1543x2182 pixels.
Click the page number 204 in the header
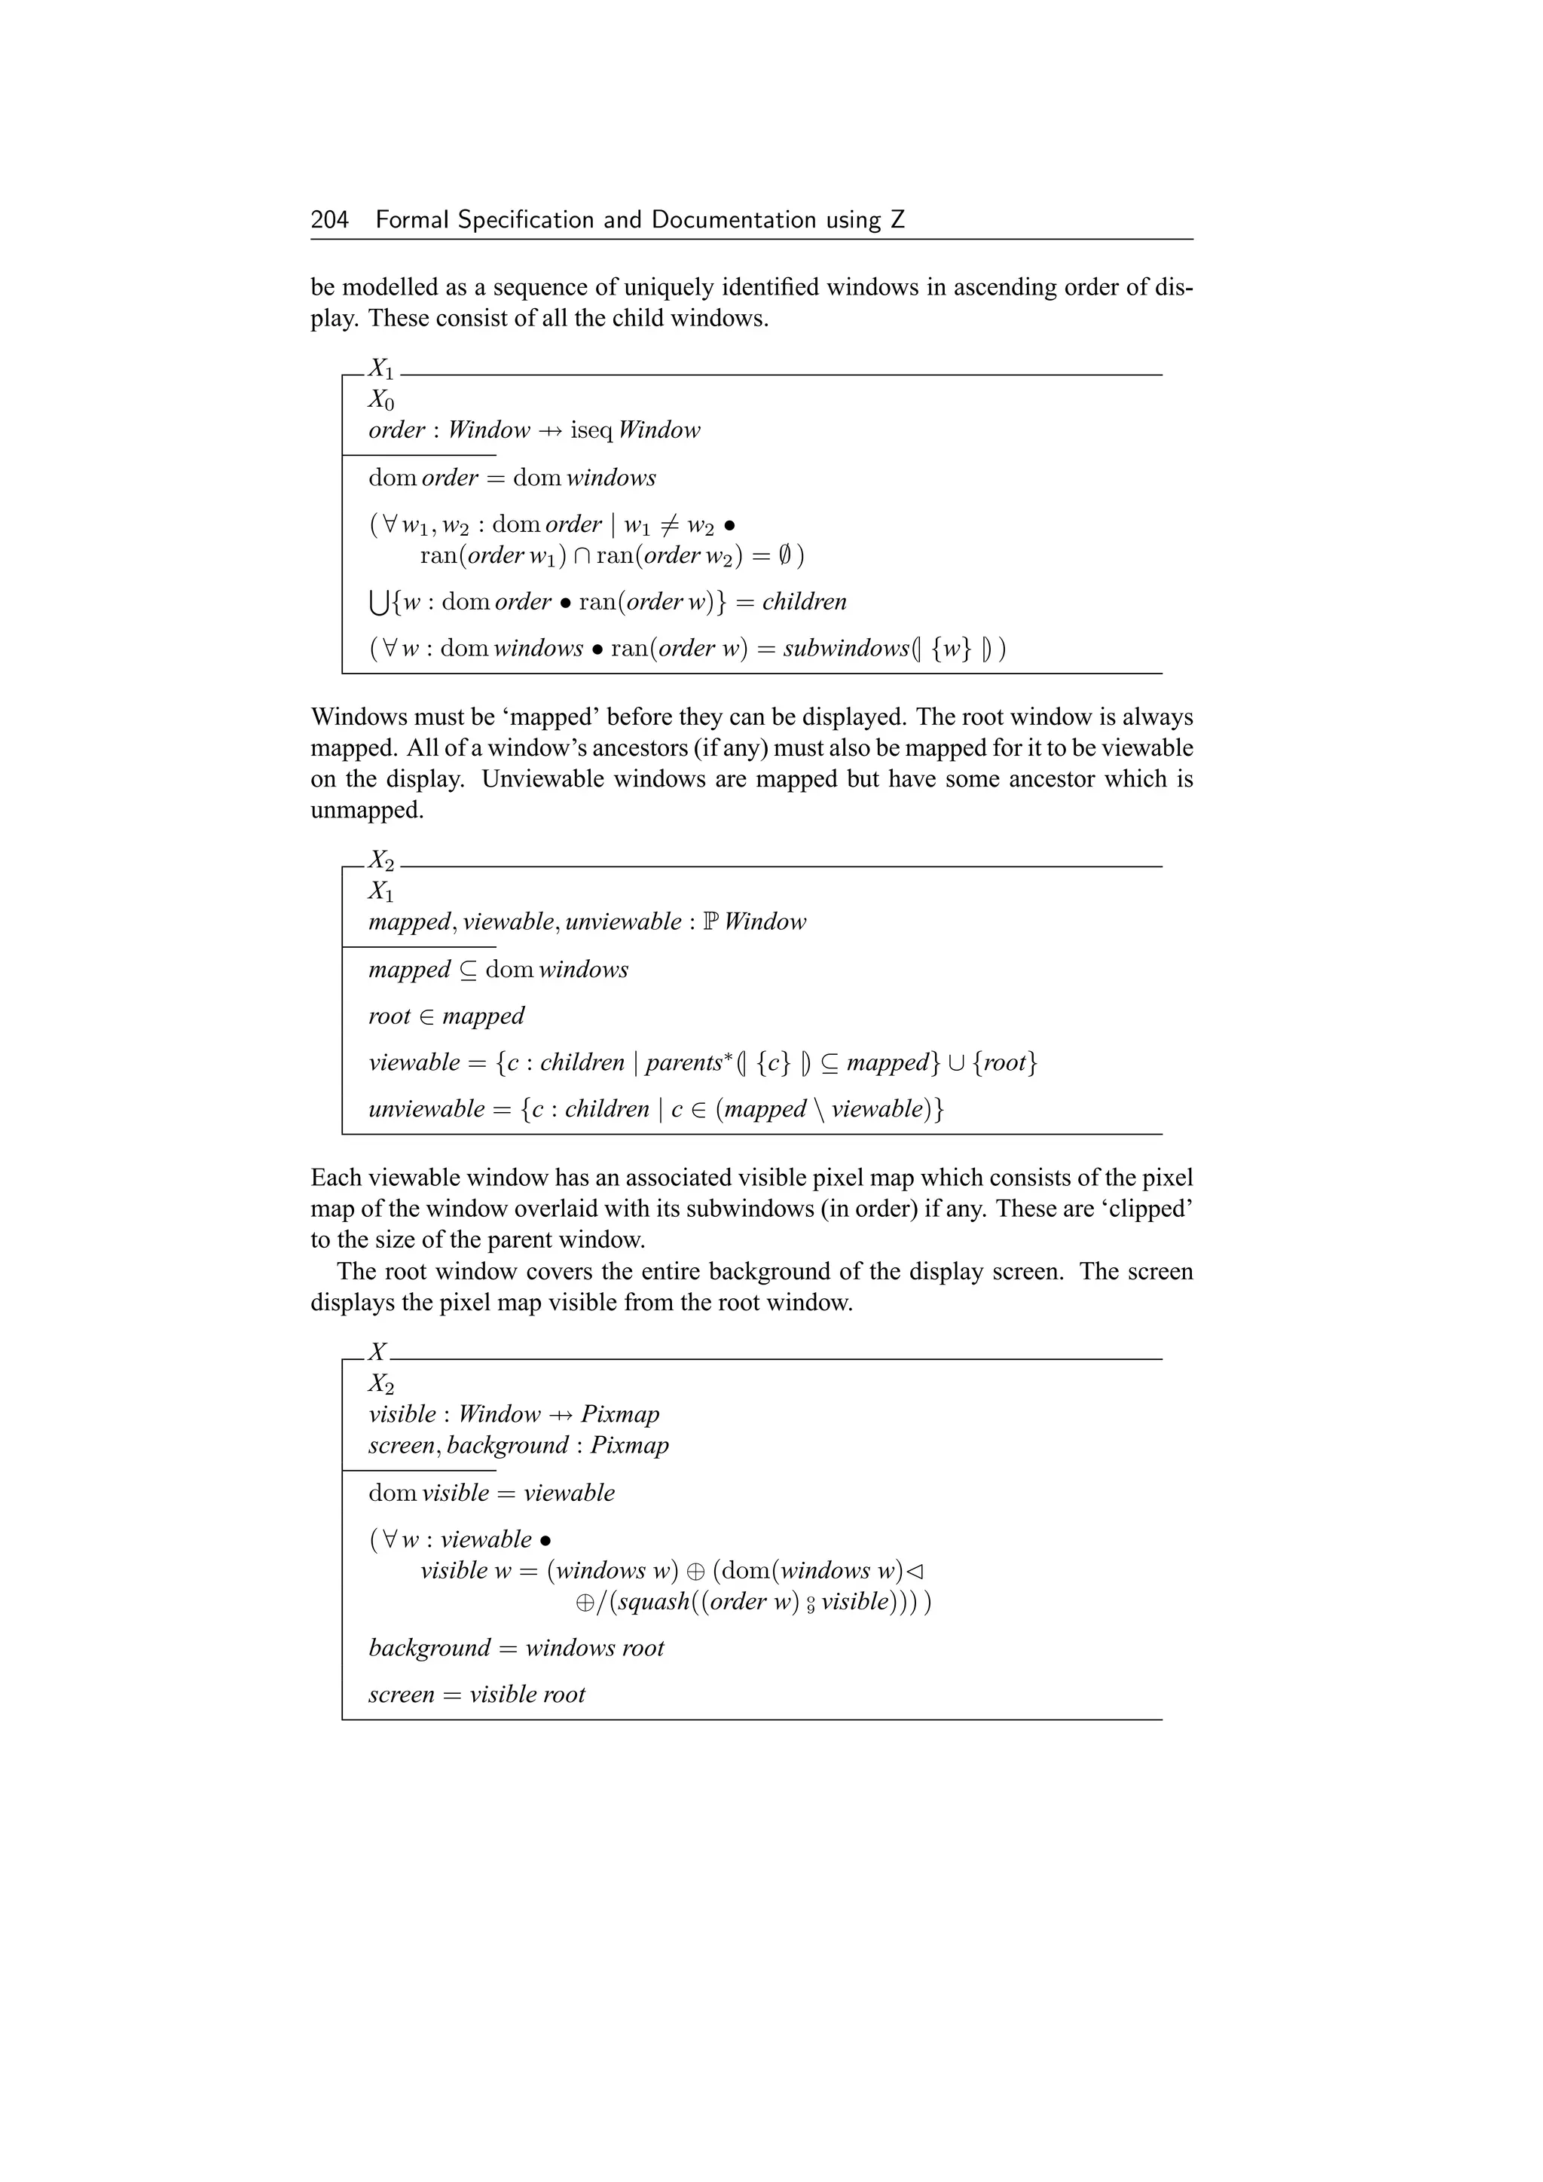click(x=330, y=221)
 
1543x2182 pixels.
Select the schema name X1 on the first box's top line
click(x=381, y=368)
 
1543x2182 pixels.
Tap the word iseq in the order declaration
click(x=591, y=430)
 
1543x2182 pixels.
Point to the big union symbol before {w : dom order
click(x=378, y=603)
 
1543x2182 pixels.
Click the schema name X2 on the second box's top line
click(x=381, y=860)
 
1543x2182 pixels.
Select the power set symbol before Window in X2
click(x=710, y=921)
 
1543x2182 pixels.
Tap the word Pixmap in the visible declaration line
click(x=619, y=1414)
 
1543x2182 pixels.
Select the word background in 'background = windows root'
click(x=429, y=1648)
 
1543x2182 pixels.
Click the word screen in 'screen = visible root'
click(x=401, y=1695)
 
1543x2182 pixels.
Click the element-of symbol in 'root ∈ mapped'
click(x=426, y=1016)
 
